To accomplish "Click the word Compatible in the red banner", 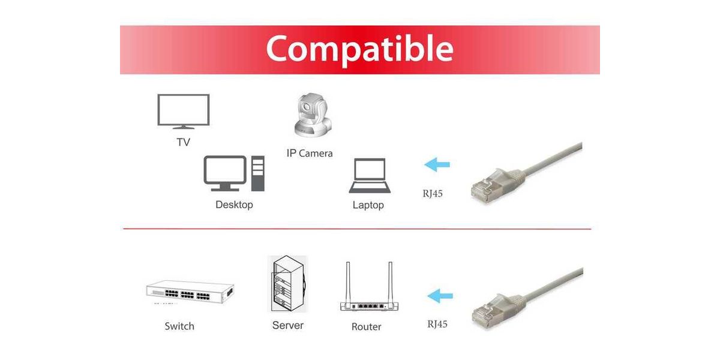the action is coord(359,49).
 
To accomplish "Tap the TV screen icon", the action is coord(184,111).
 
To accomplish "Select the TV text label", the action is coord(183,142).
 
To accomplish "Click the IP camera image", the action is coord(313,115).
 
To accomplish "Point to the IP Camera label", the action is coord(310,154).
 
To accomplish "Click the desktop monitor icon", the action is coord(225,173).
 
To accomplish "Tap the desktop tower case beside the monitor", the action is coord(258,173).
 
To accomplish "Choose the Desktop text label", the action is coord(234,205).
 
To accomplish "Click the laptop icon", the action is coord(370,175).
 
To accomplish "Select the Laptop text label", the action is coord(368,205).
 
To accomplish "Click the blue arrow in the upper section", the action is coord(437,164).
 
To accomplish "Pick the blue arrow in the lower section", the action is coord(440,296).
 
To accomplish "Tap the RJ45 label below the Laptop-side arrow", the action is coord(433,193).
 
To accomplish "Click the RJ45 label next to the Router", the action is coord(437,324).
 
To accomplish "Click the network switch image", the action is coord(190,292).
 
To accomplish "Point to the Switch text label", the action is coord(179,326).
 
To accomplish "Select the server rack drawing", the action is coord(287,283).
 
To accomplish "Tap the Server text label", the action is coord(287,325).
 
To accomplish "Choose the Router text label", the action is coord(366,327).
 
